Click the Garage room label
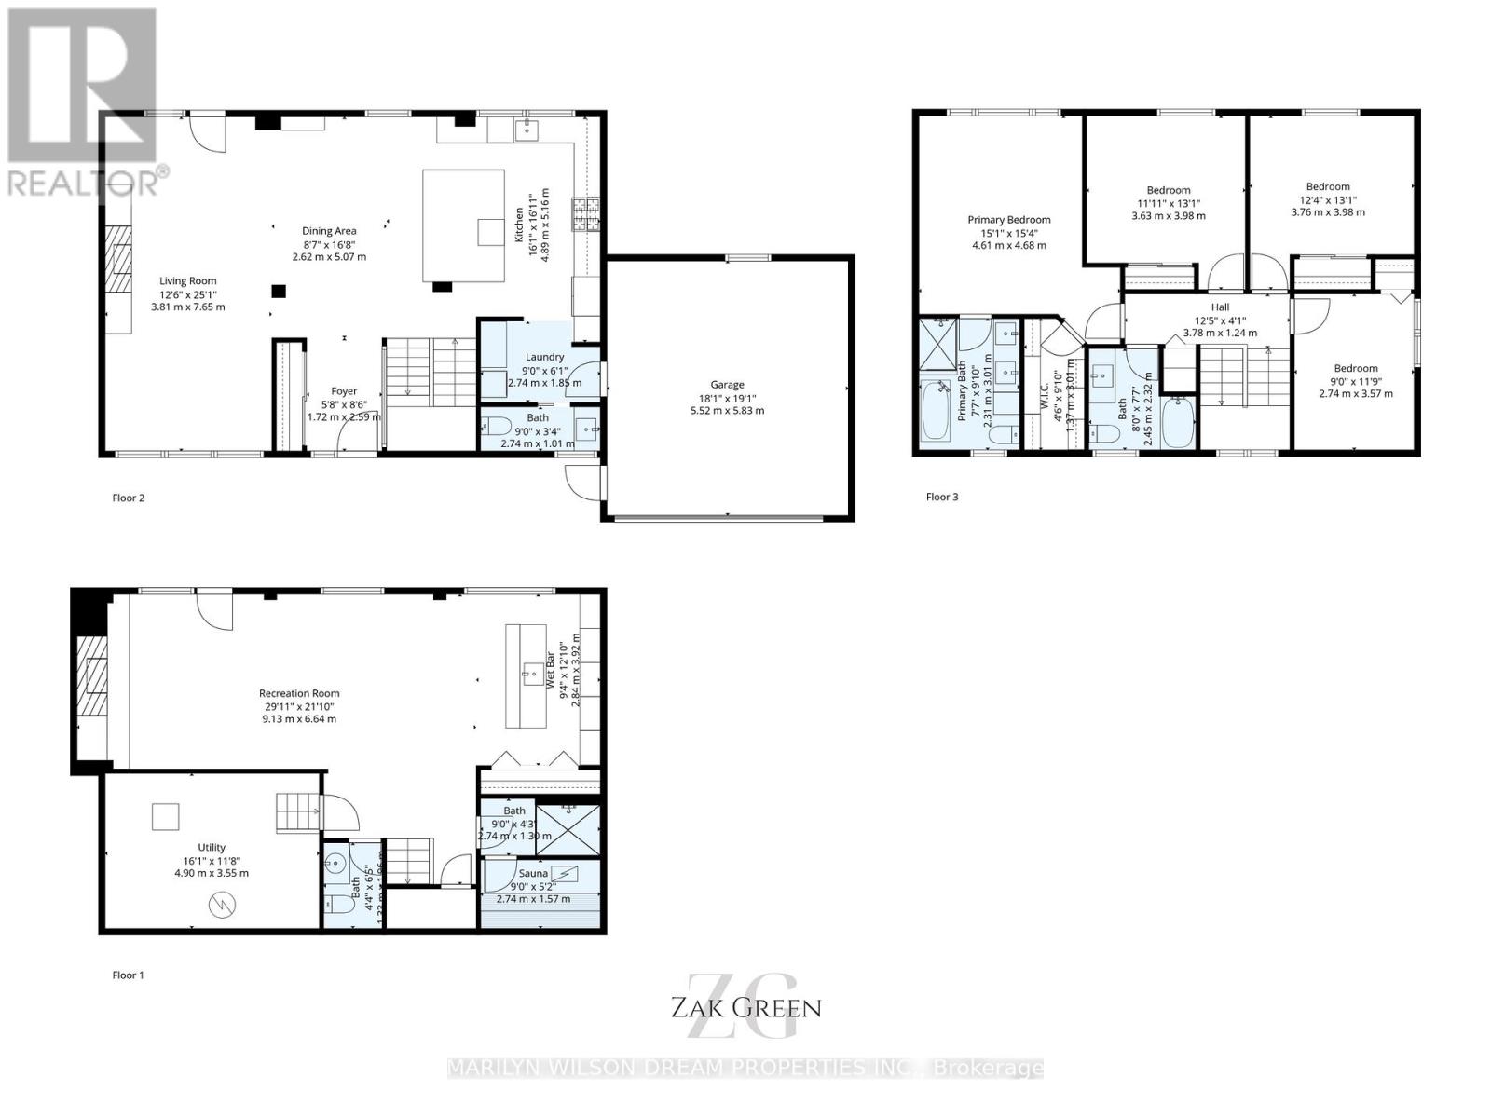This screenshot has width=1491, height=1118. click(x=727, y=384)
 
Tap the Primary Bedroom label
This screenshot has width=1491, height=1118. click(x=1008, y=221)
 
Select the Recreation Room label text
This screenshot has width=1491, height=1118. click(x=299, y=693)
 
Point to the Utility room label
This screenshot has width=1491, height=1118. click(x=212, y=848)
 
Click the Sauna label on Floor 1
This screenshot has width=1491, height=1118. click(x=533, y=873)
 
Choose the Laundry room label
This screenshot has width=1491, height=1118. click(x=544, y=357)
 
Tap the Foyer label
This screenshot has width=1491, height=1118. click(x=344, y=392)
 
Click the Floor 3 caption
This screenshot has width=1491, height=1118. click(x=941, y=497)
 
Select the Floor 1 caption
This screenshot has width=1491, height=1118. click(x=128, y=975)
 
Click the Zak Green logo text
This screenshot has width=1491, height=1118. click(x=745, y=1007)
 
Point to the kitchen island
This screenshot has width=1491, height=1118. click(x=463, y=225)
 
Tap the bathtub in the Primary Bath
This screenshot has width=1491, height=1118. click(x=935, y=411)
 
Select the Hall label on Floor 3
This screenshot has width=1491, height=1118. click(x=1220, y=307)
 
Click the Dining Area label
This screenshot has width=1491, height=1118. click(x=329, y=231)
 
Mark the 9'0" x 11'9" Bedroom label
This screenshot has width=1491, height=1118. click(x=1355, y=369)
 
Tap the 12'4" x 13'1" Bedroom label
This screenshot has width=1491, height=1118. click(x=1327, y=186)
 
